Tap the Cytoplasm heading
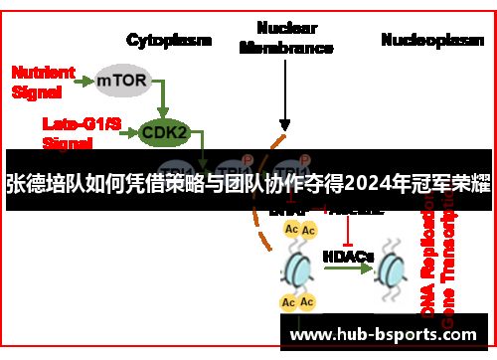pyautogui.click(x=169, y=41)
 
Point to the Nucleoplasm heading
pyautogui.click(x=425, y=40)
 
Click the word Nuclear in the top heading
pyautogui.click(x=285, y=28)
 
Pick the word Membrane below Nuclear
pyautogui.click(x=285, y=47)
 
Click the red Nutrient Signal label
pyautogui.click(x=43, y=81)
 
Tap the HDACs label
pyautogui.click(x=348, y=256)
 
